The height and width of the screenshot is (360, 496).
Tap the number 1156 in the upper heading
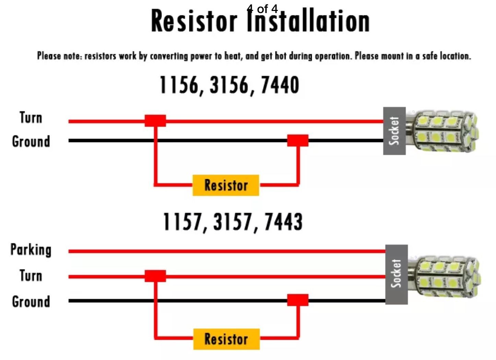[x=179, y=85]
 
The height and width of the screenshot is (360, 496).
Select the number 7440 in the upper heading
[x=280, y=85]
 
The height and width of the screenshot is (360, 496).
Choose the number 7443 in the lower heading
[x=283, y=222]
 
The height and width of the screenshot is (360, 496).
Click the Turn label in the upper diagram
[x=31, y=118]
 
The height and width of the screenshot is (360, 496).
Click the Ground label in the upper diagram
[x=31, y=141]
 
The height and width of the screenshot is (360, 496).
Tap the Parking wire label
[x=31, y=249]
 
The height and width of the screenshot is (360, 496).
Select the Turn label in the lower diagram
[x=31, y=276]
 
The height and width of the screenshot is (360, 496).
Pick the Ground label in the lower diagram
[x=31, y=302]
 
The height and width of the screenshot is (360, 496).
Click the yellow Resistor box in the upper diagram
[x=226, y=185]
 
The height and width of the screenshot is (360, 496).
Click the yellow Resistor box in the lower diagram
[x=226, y=339]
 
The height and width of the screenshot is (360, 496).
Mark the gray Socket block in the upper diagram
[x=394, y=131]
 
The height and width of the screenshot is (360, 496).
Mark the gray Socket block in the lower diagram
[x=397, y=274]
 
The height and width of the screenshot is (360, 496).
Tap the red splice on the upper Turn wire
[x=155, y=121]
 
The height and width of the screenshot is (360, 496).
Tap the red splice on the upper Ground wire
[x=298, y=140]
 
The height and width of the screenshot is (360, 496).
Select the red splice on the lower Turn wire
[x=155, y=276]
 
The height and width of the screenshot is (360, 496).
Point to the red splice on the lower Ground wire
[x=298, y=300]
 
